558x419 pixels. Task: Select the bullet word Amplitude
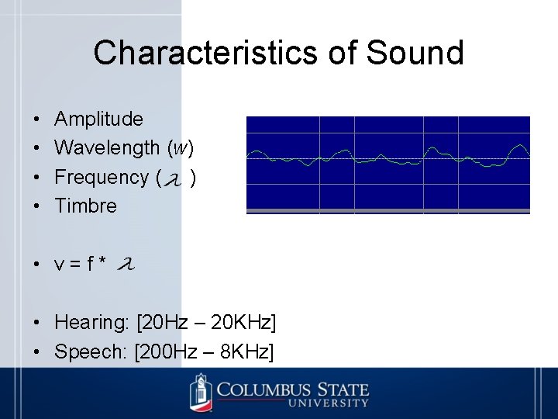[x=98, y=119]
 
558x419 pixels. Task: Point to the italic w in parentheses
[x=181, y=148]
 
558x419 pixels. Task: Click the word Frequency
[x=102, y=177]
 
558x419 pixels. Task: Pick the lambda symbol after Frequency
[x=175, y=180]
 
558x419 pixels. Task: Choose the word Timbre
[x=85, y=206]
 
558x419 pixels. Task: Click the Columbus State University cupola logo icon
[x=201, y=392]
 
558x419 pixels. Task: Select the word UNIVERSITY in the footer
[x=329, y=403]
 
